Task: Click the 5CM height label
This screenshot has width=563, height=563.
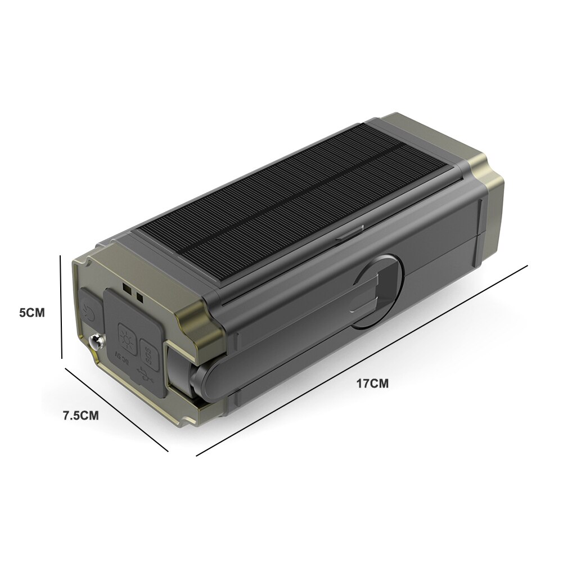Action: [31, 312]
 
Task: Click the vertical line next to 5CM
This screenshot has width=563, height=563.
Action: [61, 307]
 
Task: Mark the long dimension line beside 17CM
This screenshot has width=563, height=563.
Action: [360, 360]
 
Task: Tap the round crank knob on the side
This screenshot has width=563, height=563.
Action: [379, 292]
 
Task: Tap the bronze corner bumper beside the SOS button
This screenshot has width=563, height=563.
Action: [194, 332]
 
